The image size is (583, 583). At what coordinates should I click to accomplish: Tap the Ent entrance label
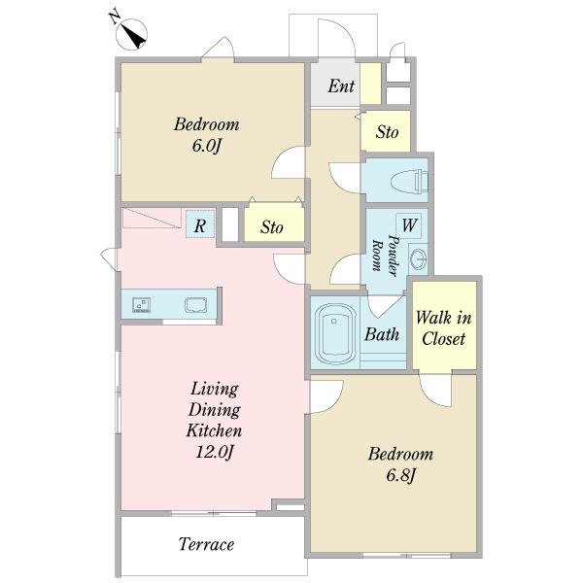point(341,86)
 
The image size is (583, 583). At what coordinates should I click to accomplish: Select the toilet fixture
point(409,181)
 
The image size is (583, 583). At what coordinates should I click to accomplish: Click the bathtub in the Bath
point(335,333)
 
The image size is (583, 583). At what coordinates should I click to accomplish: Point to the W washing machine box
point(409,225)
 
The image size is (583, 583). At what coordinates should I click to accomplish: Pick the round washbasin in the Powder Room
point(418,257)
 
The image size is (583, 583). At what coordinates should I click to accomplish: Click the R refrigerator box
point(200,224)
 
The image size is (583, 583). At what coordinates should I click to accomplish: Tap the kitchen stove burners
point(141,305)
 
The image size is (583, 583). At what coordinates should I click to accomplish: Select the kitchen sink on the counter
point(196,305)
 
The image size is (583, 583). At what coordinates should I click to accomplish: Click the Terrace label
point(206,544)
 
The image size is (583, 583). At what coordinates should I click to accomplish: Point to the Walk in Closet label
point(444,328)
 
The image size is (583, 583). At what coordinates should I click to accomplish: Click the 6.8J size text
point(400,475)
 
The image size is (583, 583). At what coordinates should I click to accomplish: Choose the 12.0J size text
point(215,452)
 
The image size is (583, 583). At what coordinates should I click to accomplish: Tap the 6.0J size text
point(207,146)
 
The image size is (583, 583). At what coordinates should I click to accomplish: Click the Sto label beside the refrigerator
point(272,227)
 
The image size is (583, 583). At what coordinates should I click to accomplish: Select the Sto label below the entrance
point(387,132)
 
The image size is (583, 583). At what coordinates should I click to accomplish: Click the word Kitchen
point(214,430)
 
